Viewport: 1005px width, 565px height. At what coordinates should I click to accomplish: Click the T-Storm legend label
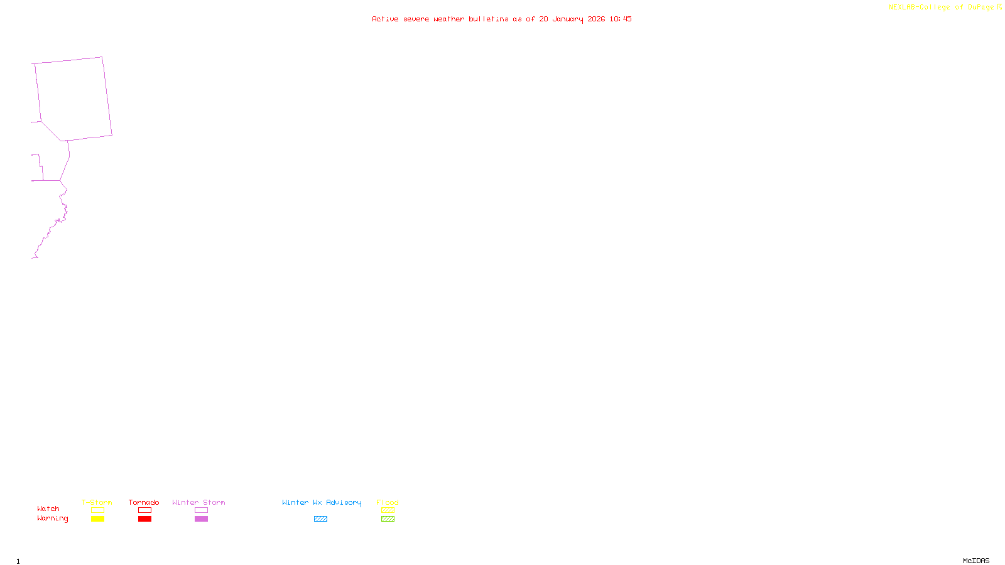click(97, 502)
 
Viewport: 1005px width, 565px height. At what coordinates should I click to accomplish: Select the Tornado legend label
click(144, 502)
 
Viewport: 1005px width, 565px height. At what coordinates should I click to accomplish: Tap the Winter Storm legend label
click(198, 502)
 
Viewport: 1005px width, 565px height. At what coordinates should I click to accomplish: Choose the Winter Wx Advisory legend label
click(322, 502)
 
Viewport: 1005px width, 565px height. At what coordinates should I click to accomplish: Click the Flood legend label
click(388, 502)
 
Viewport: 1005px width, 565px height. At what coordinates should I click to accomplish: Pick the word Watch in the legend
click(48, 508)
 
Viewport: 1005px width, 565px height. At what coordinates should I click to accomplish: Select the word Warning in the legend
click(52, 519)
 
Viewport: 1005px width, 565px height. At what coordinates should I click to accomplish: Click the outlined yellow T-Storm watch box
click(97, 510)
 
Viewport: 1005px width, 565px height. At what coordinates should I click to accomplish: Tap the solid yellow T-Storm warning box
click(97, 519)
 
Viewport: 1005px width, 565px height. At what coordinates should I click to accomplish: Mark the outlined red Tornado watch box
click(144, 510)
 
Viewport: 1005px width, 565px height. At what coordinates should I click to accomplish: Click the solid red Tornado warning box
click(144, 519)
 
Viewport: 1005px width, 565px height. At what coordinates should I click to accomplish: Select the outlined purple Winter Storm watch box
click(201, 510)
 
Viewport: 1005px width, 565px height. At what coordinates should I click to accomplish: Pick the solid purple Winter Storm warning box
click(201, 519)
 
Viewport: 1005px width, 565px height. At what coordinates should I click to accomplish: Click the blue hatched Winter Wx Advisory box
click(320, 519)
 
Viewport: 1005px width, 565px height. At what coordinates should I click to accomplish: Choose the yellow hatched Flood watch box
click(388, 510)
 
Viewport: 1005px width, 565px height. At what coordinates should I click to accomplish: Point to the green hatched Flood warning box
click(388, 519)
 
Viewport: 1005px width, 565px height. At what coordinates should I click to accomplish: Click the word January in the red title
click(567, 19)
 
